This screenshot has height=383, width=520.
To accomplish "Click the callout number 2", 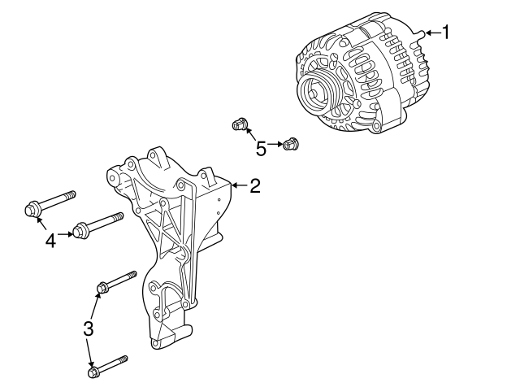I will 254,186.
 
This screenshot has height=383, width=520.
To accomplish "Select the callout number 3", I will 89,329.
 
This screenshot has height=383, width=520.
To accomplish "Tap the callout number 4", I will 50,240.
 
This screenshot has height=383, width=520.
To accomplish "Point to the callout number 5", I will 260,148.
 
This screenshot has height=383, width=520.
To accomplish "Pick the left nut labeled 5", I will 238,124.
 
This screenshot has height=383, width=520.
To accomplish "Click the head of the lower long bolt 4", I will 80,232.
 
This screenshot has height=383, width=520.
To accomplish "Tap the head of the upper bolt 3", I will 103,287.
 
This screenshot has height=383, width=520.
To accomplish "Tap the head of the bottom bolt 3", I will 92,372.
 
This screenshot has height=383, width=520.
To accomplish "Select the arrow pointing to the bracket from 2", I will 238,186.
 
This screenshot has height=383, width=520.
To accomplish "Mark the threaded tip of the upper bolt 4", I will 72,194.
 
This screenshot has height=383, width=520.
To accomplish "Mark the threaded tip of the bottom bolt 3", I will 125,358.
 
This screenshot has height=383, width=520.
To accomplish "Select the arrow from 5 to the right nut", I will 274,145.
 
